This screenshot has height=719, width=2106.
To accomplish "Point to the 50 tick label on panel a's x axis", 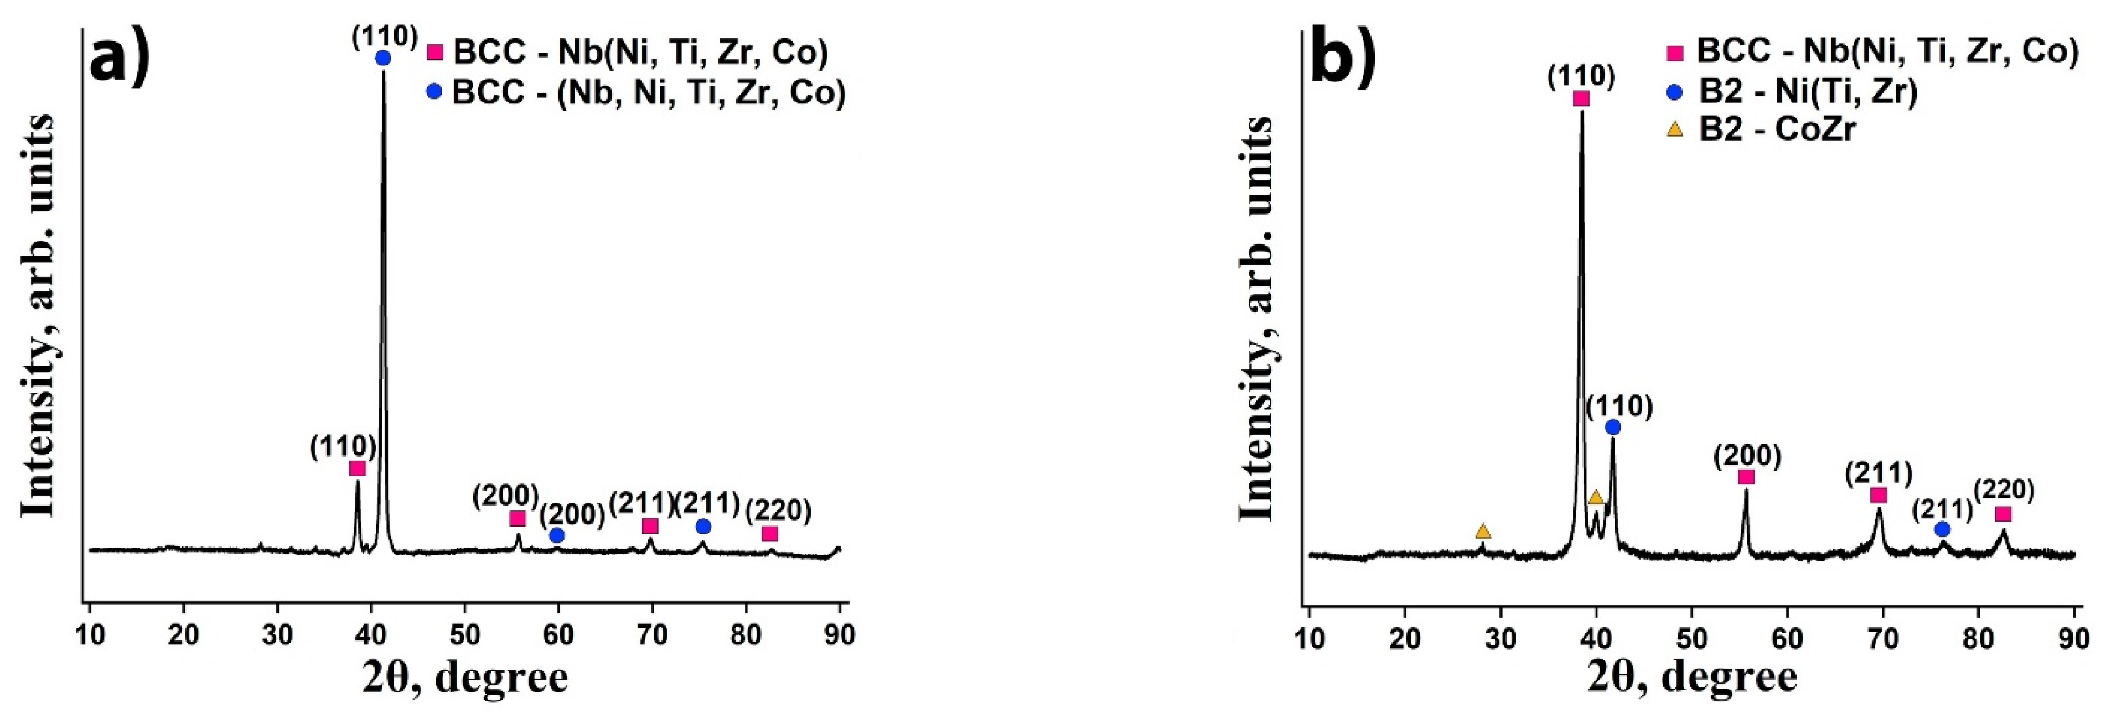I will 464,635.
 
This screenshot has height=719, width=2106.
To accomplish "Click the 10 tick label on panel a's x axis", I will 89,635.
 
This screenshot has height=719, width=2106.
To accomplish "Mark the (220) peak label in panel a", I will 778,512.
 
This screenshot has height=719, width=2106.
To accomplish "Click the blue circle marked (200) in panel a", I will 557,535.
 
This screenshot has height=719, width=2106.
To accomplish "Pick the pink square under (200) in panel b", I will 1746,477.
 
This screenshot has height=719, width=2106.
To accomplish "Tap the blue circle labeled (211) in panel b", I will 1943,529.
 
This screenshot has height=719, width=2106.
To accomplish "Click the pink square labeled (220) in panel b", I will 2002,514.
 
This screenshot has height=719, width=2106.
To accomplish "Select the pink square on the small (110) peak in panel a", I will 357,468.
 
